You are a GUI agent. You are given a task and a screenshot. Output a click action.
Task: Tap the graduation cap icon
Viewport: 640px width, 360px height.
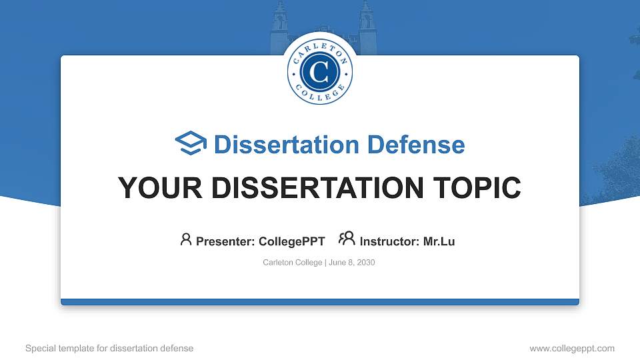click(x=191, y=143)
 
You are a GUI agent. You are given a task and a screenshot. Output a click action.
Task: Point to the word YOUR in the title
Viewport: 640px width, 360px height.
click(x=152, y=188)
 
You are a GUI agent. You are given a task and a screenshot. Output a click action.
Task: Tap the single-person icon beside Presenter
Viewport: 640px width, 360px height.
click(x=186, y=239)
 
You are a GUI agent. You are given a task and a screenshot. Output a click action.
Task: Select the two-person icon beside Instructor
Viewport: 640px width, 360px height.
click(x=347, y=239)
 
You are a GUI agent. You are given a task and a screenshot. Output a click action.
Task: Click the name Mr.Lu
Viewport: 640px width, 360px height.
click(x=439, y=241)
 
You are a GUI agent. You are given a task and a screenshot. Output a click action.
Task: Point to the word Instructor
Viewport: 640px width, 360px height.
click(x=389, y=241)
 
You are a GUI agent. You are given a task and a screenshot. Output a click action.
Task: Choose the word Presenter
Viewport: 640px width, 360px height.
click(x=224, y=241)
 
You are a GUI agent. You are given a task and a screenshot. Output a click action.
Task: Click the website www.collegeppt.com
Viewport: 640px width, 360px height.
click(x=572, y=348)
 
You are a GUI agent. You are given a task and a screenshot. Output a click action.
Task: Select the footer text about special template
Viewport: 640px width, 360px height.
click(x=109, y=348)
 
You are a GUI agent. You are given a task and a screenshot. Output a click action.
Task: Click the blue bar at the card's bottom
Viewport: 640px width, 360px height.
click(x=320, y=302)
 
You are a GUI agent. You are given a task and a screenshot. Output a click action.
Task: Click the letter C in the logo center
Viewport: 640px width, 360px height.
click(x=320, y=72)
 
